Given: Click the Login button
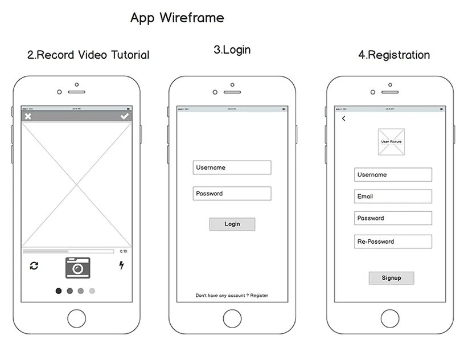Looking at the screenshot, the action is tap(232, 224).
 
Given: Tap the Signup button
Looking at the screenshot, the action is tap(391, 278).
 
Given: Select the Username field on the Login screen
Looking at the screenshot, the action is tap(232, 167).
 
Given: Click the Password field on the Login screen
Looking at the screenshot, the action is tap(232, 194).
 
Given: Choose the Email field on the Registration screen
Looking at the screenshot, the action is tap(393, 197).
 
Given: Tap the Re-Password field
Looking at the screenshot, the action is tap(393, 242).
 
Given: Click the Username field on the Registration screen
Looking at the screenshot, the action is tap(393, 175).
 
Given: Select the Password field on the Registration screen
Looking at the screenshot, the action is tap(393, 218).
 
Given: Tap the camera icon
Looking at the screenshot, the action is tap(77, 267).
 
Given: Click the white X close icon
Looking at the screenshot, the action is tap(28, 116).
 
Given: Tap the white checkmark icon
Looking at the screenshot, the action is tap(125, 116).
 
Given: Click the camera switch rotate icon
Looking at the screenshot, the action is tap(34, 265).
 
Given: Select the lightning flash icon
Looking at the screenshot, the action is tap(121, 265).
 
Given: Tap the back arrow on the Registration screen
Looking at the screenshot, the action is tap(343, 118).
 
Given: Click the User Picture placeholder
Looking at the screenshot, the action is tap(392, 141).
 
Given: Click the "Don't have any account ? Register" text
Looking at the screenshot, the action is tap(232, 296).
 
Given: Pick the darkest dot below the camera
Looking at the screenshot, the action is tap(59, 291).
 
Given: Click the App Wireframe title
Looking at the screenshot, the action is tap(177, 18).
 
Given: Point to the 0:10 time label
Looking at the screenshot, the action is tap(124, 251).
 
